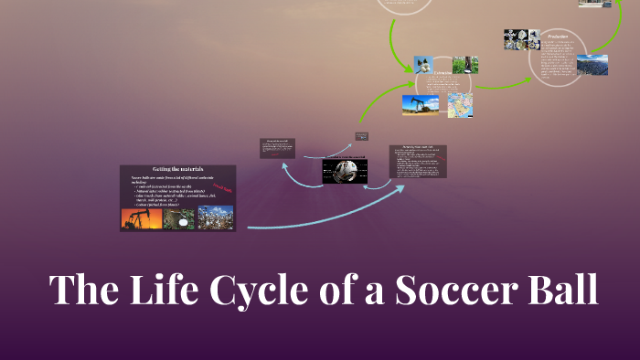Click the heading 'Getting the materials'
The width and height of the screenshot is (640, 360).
tap(177, 169)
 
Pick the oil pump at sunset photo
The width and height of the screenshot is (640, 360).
tap(142, 217)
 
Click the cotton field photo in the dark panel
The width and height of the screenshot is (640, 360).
tap(216, 217)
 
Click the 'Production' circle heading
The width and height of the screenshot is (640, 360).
tap(558, 37)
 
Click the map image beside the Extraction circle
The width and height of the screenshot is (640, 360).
tap(459, 105)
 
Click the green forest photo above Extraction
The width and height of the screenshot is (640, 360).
tap(465, 65)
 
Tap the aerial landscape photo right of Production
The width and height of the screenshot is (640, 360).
tap(592, 65)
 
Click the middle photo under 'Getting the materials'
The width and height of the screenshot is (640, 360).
tap(179, 217)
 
